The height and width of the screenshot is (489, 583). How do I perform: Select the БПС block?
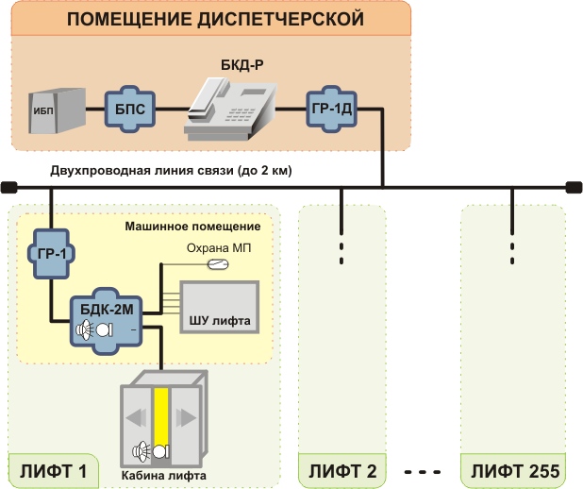click(125, 109)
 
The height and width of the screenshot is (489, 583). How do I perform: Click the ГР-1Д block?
click(331, 109)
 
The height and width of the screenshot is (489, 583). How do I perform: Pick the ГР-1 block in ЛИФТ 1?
click(51, 253)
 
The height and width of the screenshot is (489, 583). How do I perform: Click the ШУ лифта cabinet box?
click(219, 307)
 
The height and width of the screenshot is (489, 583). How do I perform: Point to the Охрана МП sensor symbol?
click(218, 262)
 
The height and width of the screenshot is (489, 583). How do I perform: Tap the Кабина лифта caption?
click(162, 476)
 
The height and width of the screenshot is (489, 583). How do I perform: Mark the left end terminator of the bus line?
click(8, 187)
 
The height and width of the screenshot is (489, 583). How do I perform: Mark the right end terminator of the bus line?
click(574, 187)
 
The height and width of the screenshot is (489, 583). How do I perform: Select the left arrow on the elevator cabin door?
click(137, 418)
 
